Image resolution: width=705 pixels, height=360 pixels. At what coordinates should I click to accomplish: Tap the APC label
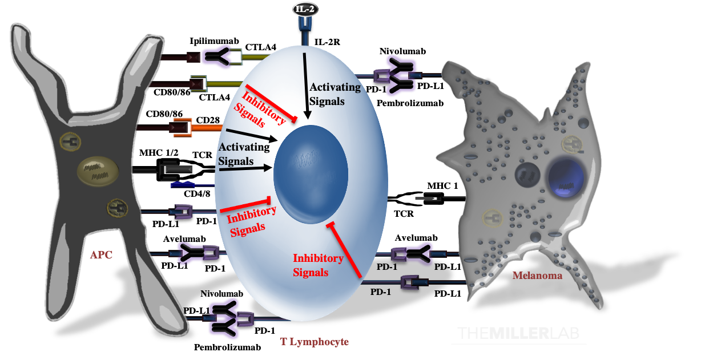coord(101,255)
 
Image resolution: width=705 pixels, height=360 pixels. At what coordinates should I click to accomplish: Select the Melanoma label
coord(537,276)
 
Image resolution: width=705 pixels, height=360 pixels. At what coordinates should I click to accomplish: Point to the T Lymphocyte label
coord(314,342)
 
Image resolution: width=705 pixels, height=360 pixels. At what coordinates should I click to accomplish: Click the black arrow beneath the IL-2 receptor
coord(306,86)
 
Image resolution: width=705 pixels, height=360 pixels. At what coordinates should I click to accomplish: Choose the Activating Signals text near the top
coord(335,94)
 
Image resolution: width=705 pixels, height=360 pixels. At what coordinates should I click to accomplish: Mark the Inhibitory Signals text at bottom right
coord(318,265)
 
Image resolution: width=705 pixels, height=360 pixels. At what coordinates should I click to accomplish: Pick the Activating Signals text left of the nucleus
coord(244,154)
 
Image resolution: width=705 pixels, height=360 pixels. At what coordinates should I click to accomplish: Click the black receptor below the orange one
coord(174,169)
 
